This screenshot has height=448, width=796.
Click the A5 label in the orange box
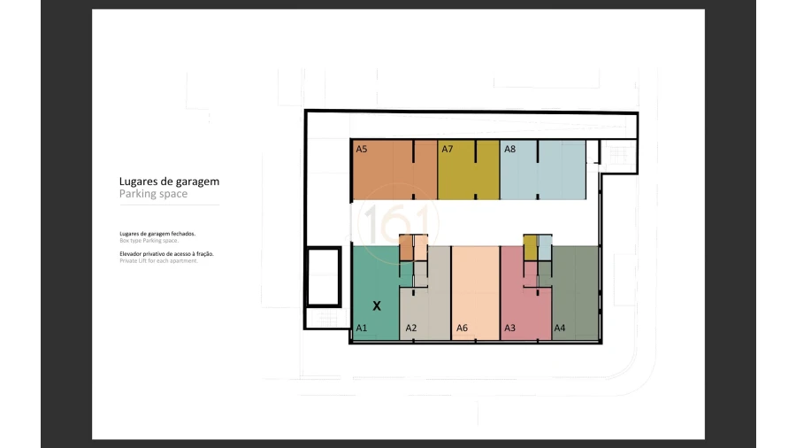tap(361, 150)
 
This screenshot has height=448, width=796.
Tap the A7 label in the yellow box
tap(448, 150)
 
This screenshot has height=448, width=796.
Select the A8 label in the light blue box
tap(509, 150)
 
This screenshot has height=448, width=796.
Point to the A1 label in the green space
tap(361, 328)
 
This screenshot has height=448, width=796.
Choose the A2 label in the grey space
tap(410, 328)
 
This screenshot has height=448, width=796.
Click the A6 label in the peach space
tap(462, 328)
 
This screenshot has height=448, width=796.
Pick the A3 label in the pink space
tap(509, 328)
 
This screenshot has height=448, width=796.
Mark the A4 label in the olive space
tap(559, 328)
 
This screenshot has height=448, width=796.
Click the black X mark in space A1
tap(377, 305)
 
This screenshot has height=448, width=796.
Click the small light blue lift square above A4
tap(546, 248)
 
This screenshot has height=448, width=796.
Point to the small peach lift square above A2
tap(421, 248)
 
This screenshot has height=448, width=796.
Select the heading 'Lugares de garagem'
tap(169, 181)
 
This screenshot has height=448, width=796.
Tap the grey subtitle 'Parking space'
tap(153, 194)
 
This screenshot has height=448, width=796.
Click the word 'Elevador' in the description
tap(134, 254)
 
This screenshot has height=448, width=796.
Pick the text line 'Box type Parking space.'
tap(149, 241)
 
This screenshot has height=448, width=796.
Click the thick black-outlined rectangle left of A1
tap(322, 275)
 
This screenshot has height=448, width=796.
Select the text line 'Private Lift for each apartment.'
tap(158, 261)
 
